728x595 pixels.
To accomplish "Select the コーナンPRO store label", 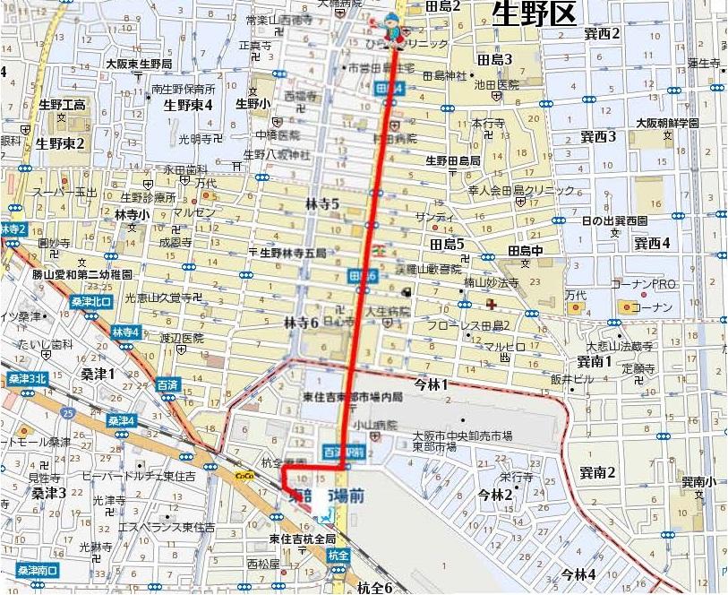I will tap(641, 284).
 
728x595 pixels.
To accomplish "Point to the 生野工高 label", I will tap(61, 105).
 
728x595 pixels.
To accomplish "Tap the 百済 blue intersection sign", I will tap(167, 384).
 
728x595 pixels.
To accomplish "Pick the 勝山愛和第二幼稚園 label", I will tap(82, 274).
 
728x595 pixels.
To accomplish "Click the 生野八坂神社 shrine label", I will tap(277, 155).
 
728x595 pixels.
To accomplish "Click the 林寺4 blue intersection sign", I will tap(125, 332).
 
